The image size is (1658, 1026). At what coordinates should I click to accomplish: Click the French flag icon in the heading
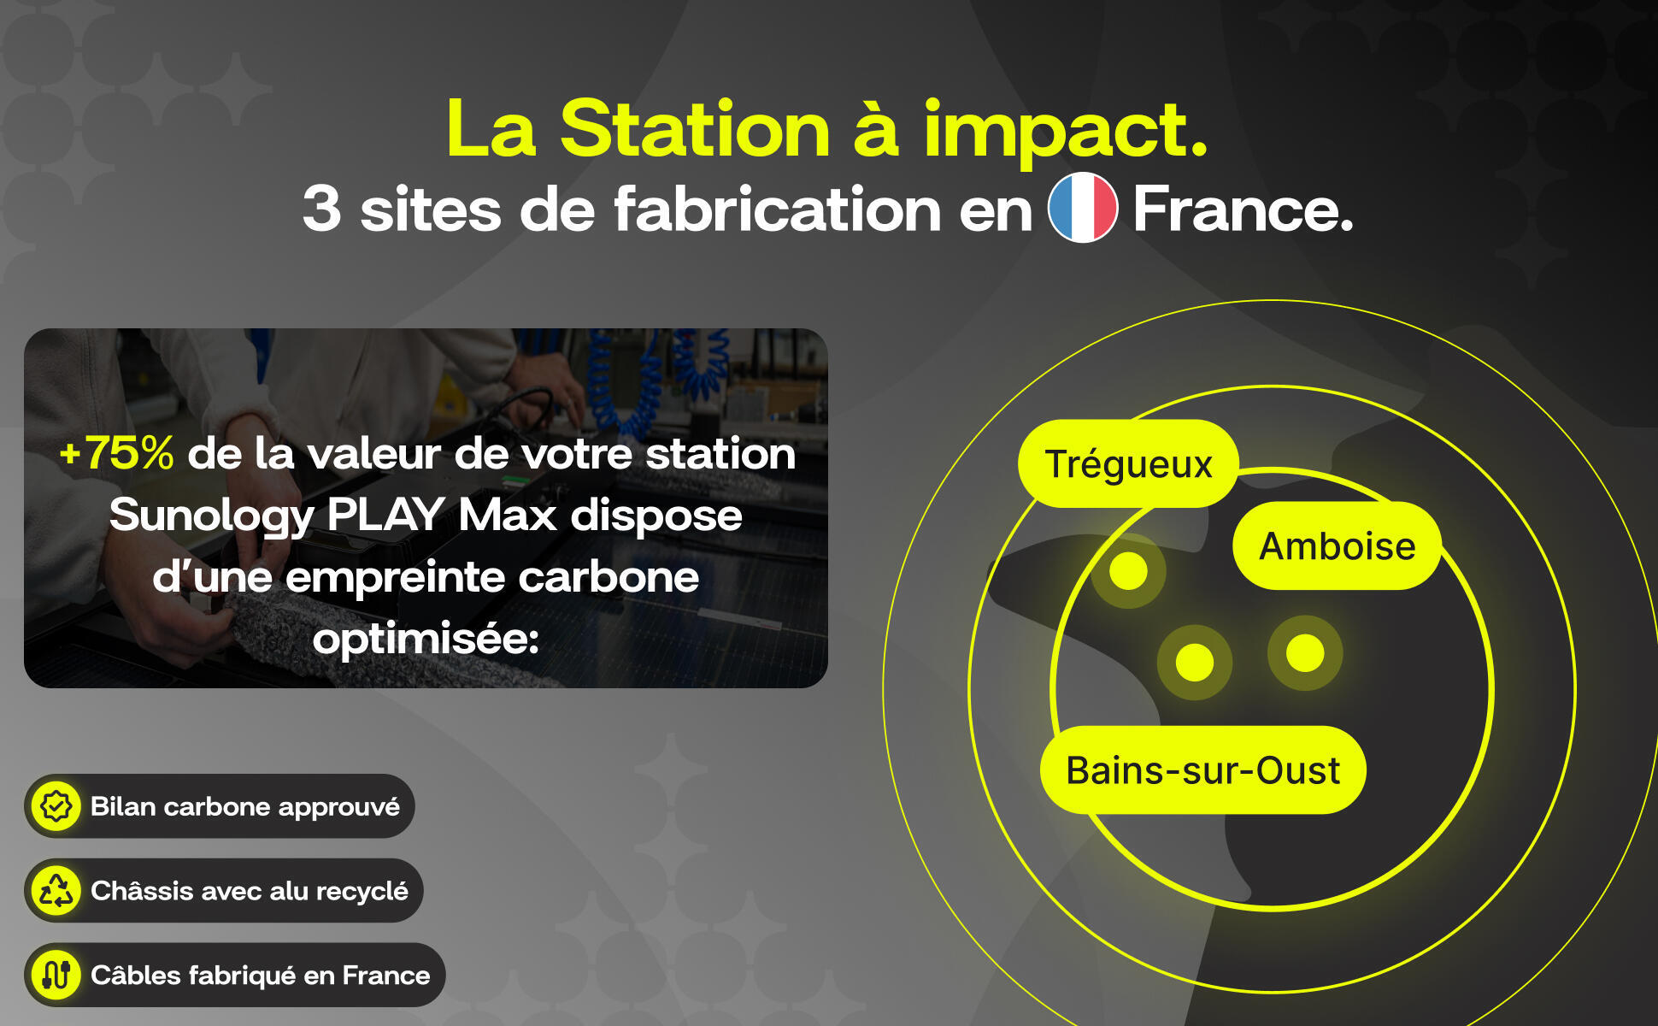point(1083,209)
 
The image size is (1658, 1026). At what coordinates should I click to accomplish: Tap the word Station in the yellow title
point(695,129)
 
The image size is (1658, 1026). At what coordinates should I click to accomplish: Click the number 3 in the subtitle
point(321,209)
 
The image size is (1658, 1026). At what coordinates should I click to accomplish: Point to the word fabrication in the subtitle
point(777,209)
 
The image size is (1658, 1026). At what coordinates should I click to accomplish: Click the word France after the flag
point(1243,209)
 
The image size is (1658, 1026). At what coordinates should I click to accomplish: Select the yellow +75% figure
point(116,453)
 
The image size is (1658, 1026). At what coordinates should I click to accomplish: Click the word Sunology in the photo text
point(212,516)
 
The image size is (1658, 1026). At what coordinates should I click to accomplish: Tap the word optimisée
point(426,639)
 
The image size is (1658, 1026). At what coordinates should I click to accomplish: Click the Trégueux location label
point(1128,463)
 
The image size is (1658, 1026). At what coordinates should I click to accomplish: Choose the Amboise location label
point(1337,545)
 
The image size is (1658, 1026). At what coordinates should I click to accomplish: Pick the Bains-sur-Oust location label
point(1202,769)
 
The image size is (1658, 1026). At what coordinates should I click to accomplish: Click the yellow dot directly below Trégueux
point(1128,570)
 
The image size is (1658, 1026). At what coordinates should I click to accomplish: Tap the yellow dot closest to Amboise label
point(1305,653)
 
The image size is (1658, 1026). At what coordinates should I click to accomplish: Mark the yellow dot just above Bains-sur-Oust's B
point(1195,662)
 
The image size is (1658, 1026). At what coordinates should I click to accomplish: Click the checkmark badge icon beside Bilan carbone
point(56,806)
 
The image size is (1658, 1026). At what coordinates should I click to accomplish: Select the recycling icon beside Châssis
point(56,890)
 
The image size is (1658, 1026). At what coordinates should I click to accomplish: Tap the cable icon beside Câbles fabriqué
point(56,975)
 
